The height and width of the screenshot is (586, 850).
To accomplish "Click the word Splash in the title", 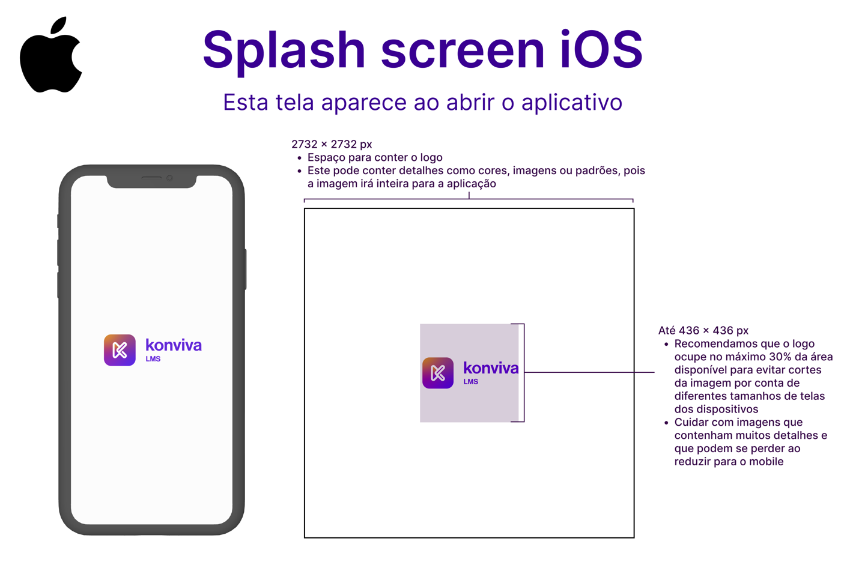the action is coord(284,50).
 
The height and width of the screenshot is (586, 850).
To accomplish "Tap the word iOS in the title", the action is coord(601,49).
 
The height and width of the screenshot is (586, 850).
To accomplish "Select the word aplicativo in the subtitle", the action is coord(571,103).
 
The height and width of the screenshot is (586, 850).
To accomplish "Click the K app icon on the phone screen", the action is coord(120,350).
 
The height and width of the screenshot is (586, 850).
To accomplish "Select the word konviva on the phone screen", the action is coord(174,345).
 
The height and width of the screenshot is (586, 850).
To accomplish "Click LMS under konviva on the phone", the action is coord(153,359).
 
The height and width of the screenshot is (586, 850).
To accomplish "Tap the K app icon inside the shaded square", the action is coord(438,373).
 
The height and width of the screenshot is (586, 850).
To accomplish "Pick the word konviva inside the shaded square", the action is coord(491,368).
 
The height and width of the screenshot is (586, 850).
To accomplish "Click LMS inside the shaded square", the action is coord(470,382).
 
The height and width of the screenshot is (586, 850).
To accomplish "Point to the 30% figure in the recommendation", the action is coord(783,357).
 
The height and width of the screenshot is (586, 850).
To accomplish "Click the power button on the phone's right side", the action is coord(246,270).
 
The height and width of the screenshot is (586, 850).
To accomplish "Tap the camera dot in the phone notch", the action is coord(169,178).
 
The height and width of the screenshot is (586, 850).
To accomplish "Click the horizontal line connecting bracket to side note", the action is coord(589,372).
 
